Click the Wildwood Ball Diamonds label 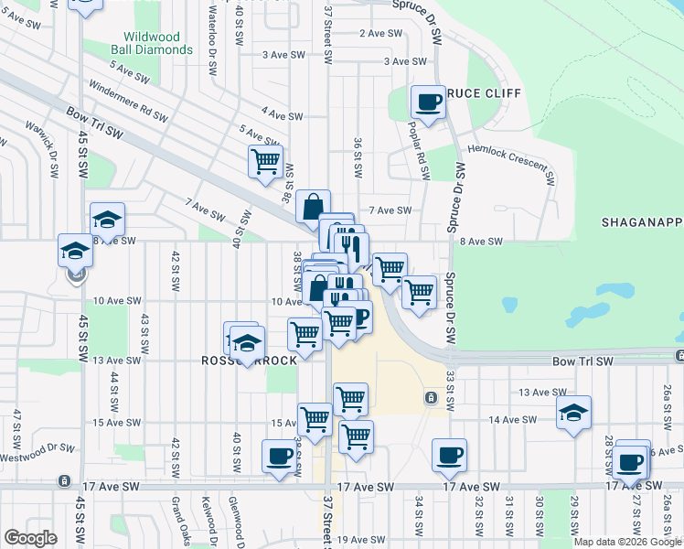coord(158,44)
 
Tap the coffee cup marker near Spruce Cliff coord(427,101)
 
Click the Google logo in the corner coord(30,537)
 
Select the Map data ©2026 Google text coord(626,542)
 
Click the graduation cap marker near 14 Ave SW coord(573,413)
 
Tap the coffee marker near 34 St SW coord(448,455)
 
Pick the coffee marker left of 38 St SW coord(279,456)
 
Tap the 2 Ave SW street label coord(380,33)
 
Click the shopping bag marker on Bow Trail coord(313,208)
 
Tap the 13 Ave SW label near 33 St coord(539,392)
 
